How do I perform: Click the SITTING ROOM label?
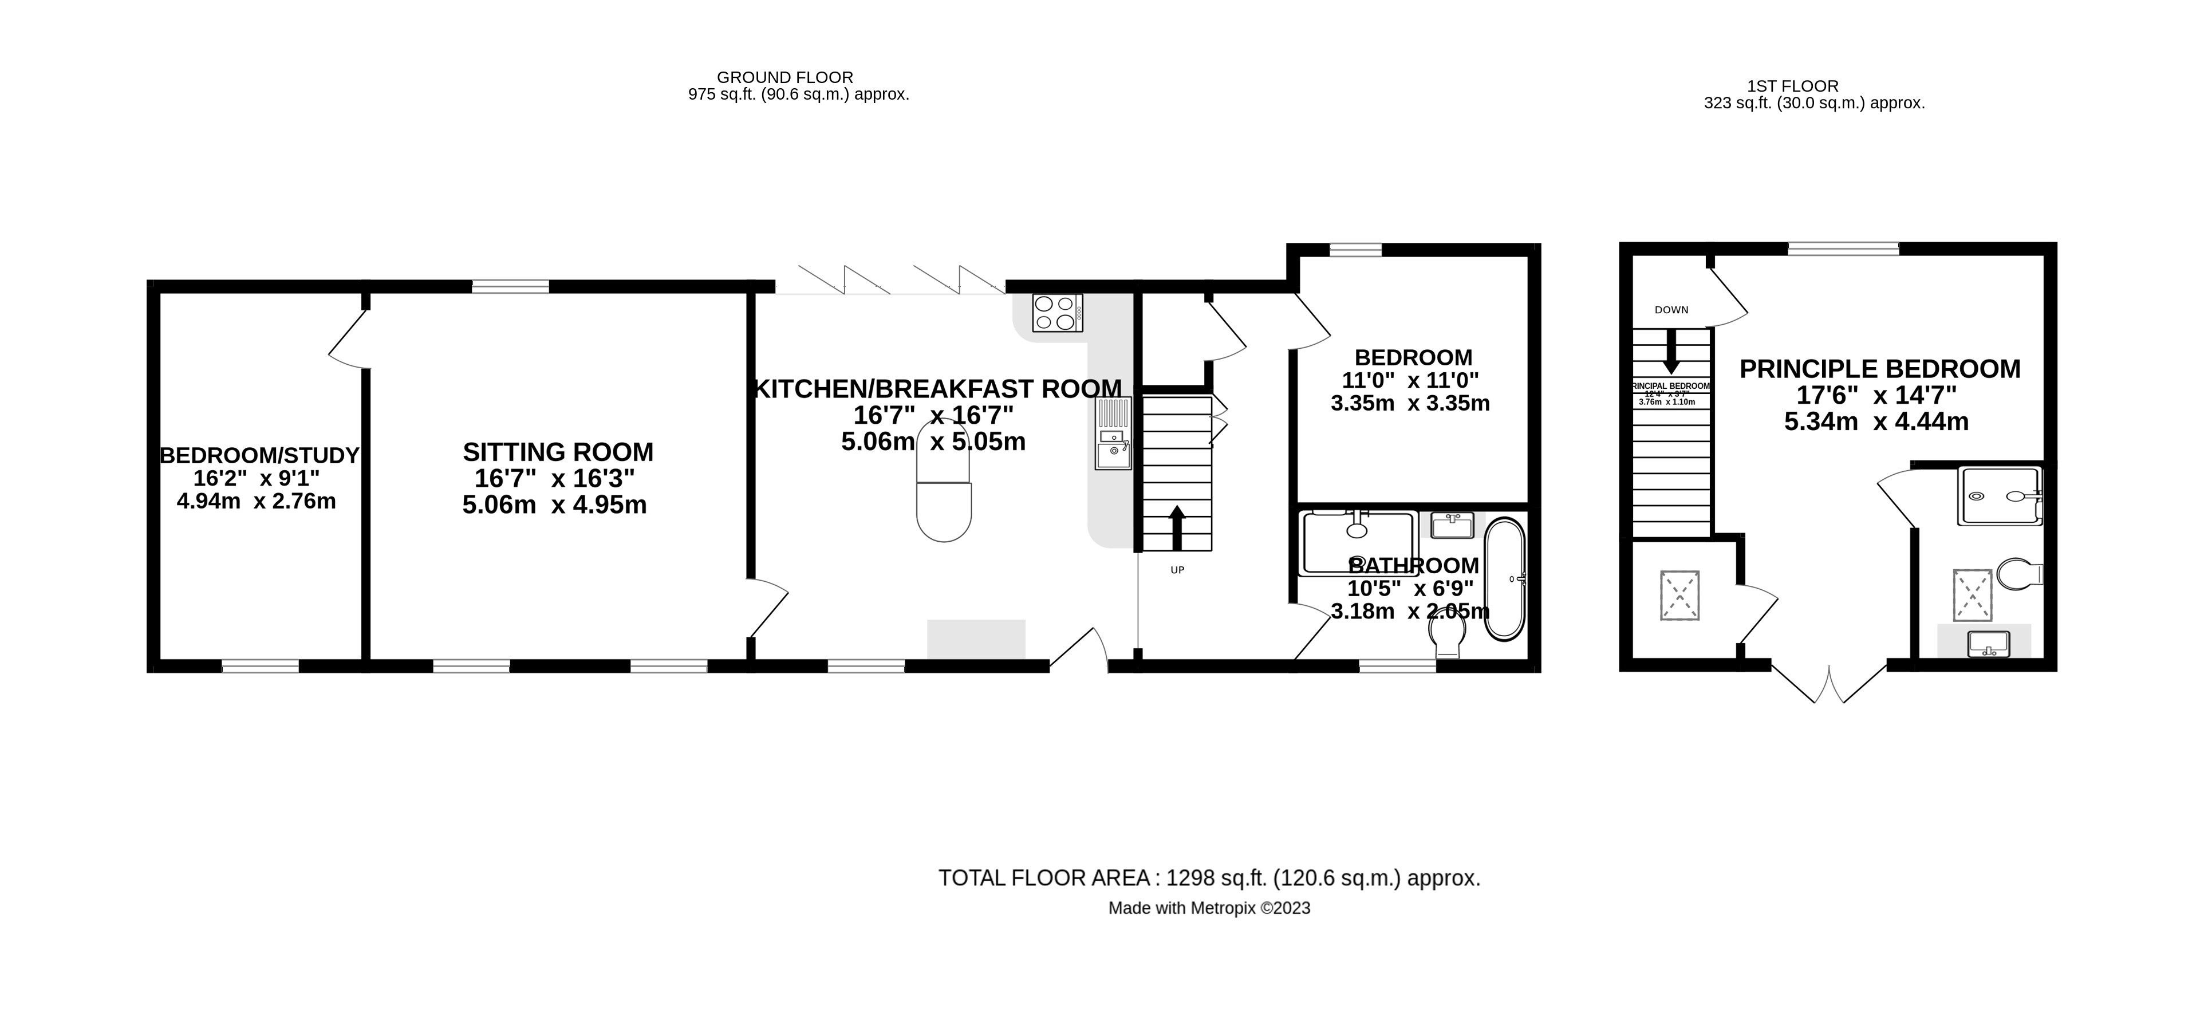558,452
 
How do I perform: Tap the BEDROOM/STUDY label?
259,455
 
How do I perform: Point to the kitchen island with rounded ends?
944,481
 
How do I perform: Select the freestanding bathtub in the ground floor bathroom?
1504,579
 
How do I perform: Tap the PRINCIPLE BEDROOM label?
1880,369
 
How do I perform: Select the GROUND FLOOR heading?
784,77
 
